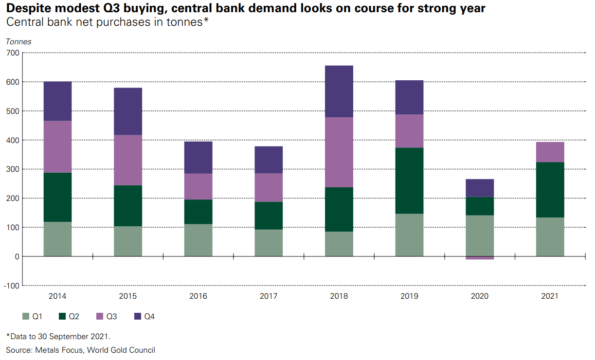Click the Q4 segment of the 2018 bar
(x=339, y=91)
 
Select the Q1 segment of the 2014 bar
(x=57, y=239)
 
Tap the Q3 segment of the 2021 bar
(x=550, y=152)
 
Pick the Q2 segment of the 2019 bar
(x=409, y=180)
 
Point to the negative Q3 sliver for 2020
(x=480, y=258)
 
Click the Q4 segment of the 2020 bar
(x=480, y=188)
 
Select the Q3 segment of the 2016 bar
(x=198, y=186)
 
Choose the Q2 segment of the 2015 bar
(x=128, y=206)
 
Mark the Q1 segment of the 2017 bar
(x=269, y=243)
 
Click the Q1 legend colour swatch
(x=26, y=317)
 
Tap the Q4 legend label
(x=149, y=317)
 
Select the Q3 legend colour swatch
(x=100, y=317)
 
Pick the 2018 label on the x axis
(x=339, y=296)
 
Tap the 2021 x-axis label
(x=550, y=296)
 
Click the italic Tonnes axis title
(x=18, y=42)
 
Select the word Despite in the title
(x=25, y=9)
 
